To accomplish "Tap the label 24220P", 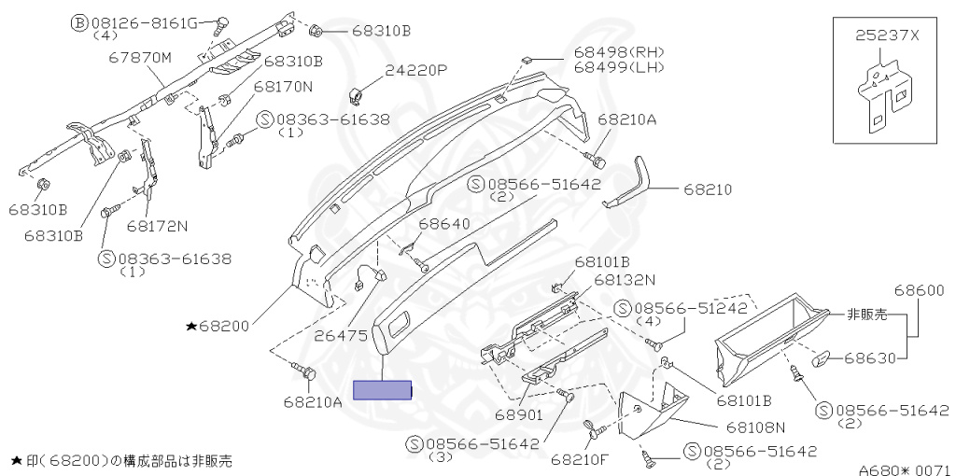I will pos(416,70).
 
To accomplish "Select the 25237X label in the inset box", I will pos(887,35).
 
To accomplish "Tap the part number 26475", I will pos(341,334).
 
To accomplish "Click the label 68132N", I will pos(625,279).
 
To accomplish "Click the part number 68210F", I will pos(579,459).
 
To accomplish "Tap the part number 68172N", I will pos(157,226).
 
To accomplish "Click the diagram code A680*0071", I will pos(904,469).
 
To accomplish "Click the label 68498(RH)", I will pos(612,52).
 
